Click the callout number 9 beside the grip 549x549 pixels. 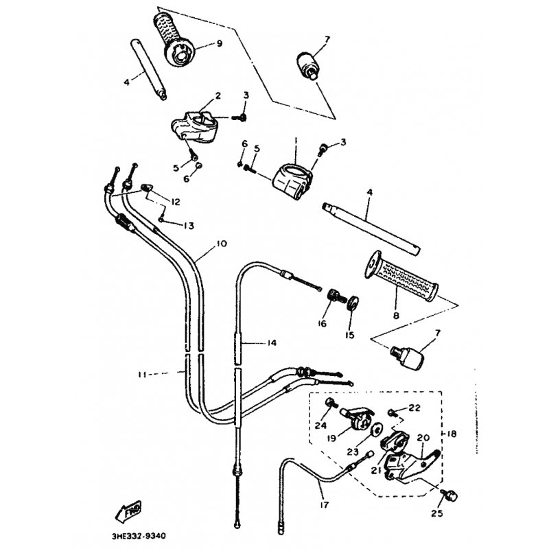(x=219, y=43)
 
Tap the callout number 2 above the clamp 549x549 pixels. (x=198, y=96)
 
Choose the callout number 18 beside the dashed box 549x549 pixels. (x=451, y=436)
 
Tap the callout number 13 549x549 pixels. (x=187, y=225)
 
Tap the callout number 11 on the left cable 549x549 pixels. (x=142, y=375)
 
